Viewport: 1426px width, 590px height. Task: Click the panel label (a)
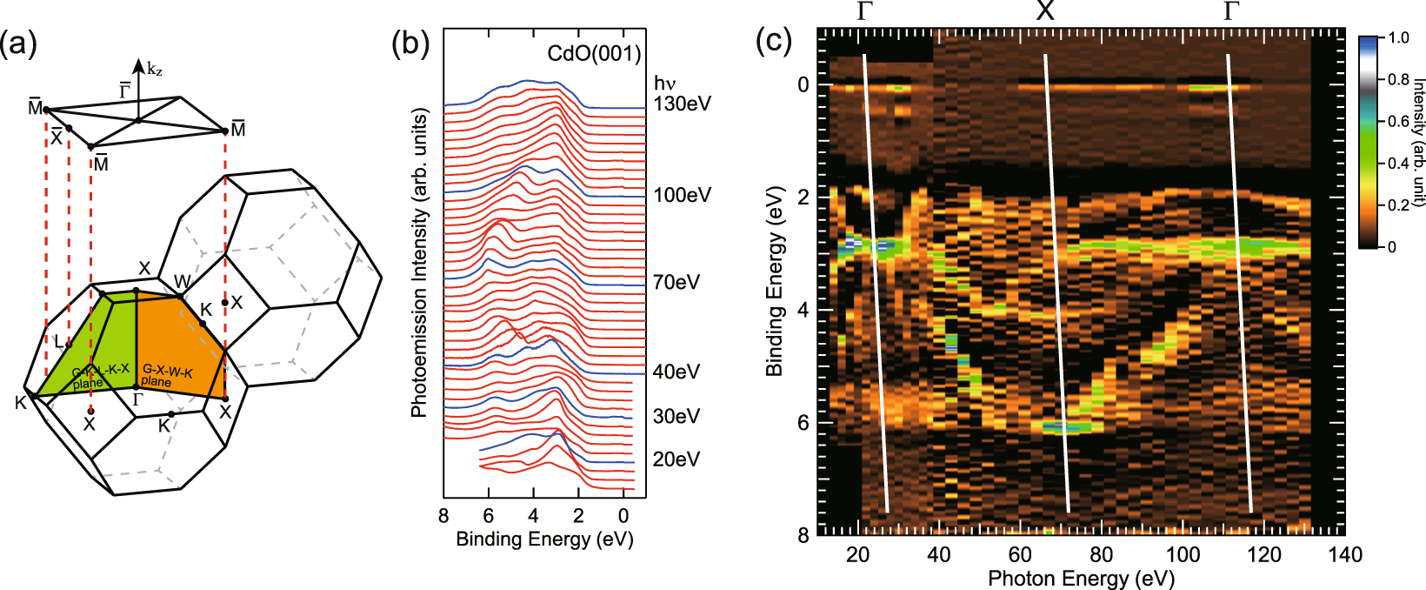click(19, 44)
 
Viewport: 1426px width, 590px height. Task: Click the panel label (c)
click(774, 40)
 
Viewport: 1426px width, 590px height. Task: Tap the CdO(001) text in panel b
click(594, 54)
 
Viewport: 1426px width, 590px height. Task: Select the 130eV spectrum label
click(682, 104)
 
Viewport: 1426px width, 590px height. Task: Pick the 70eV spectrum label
click(676, 282)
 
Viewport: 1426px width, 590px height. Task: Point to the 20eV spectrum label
click(676, 459)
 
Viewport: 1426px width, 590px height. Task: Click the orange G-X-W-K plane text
click(167, 375)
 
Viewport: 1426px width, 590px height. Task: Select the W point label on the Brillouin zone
click(183, 281)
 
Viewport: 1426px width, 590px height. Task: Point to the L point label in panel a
click(58, 342)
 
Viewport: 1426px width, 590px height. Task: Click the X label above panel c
click(1045, 11)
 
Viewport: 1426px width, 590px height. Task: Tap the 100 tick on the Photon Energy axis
click(1183, 555)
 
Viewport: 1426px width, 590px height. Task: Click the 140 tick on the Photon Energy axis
click(1344, 555)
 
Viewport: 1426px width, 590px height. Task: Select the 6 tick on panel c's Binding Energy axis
click(803, 423)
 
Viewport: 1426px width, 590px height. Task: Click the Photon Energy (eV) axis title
click(1081, 579)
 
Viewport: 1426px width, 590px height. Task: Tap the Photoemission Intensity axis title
click(420, 263)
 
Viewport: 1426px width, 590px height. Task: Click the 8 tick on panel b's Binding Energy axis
click(443, 517)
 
